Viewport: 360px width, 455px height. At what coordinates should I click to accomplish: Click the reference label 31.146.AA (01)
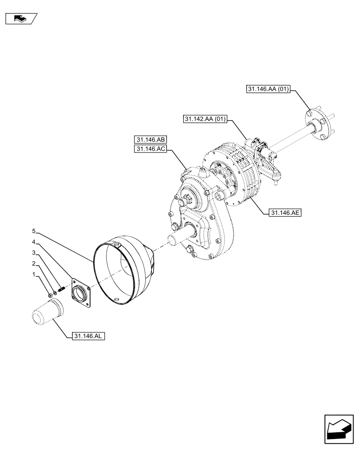[x=270, y=90]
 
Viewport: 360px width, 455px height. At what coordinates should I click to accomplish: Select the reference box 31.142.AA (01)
[x=205, y=119]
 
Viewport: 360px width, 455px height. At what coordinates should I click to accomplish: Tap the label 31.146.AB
[x=150, y=139]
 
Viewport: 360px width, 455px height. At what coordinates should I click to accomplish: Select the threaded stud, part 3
[x=61, y=289]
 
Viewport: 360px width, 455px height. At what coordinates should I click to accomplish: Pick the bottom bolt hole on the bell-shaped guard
[x=116, y=300]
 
